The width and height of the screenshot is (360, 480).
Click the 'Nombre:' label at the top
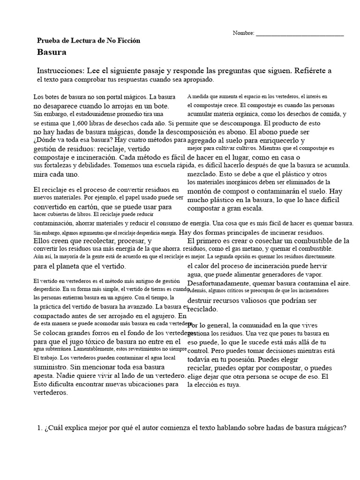[x=243, y=33]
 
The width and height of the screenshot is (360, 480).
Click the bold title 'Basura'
[x=52, y=52]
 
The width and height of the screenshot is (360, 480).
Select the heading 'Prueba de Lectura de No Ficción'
[x=88, y=41]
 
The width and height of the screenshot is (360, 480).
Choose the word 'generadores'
[x=270, y=274]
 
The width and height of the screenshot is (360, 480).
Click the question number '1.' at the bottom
[x=39, y=428]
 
